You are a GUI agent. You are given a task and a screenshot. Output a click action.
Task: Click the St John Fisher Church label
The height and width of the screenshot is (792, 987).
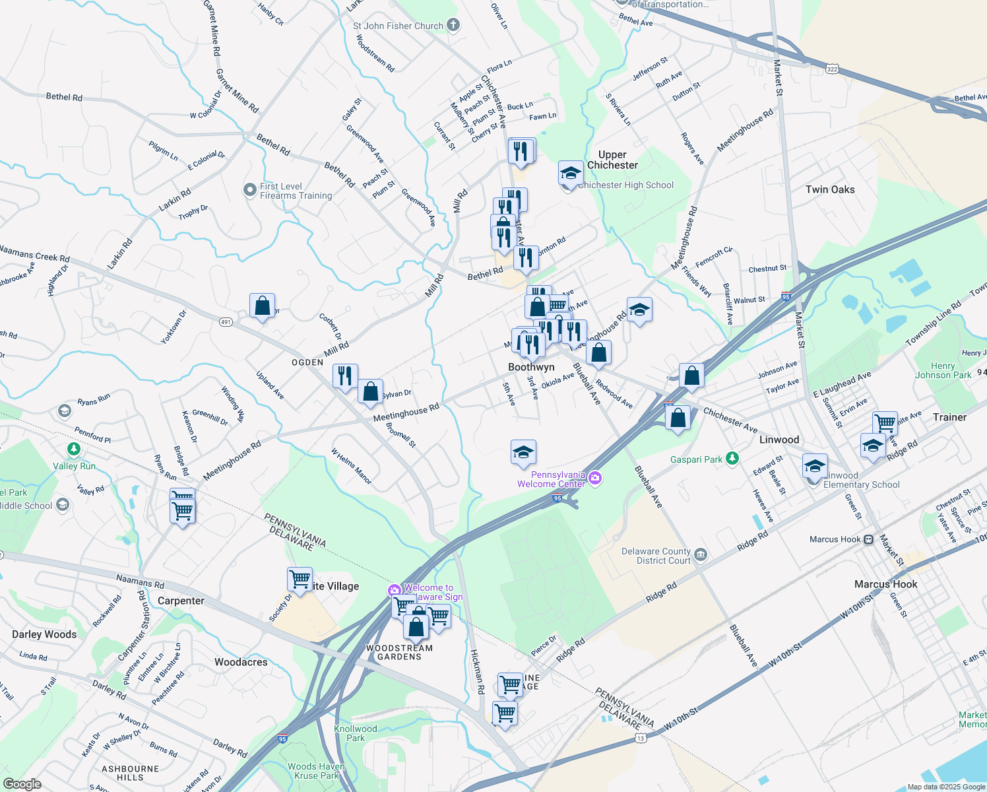pyautogui.click(x=398, y=26)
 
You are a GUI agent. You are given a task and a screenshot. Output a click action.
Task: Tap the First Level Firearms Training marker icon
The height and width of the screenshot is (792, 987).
pyautogui.click(x=249, y=190)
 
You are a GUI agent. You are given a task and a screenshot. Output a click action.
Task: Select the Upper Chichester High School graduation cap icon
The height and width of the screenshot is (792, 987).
pyautogui.click(x=570, y=173)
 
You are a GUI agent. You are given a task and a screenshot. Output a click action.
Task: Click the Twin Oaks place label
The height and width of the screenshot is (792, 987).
pyautogui.click(x=829, y=189)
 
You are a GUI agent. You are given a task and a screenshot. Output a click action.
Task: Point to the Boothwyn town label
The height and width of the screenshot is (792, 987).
pyautogui.click(x=531, y=367)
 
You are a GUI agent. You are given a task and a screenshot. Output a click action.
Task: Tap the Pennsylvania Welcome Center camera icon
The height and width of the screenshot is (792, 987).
pyautogui.click(x=595, y=478)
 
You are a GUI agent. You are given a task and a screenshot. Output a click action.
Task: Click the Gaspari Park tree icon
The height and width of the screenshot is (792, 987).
pyautogui.click(x=732, y=458)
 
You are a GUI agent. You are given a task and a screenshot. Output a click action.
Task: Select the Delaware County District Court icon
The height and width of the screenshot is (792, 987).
pyautogui.click(x=701, y=555)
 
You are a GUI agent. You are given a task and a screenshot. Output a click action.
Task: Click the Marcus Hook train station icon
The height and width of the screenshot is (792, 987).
pyautogui.click(x=868, y=539)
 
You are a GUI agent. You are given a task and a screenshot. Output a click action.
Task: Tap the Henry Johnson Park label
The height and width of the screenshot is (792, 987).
pyautogui.click(x=943, y=370)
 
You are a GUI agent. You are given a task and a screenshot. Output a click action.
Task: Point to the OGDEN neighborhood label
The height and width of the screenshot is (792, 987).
pyautogui.click(x=307, y=362)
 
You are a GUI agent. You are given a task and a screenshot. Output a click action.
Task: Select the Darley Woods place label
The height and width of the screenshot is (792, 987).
pyautogui.click(x=44, y=634)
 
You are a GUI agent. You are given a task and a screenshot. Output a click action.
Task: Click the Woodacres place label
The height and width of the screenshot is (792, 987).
pyautogui.click(x=241, y=662)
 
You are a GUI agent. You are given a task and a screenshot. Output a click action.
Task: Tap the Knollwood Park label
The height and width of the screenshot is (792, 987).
pyautogui.click(x=356, y=733)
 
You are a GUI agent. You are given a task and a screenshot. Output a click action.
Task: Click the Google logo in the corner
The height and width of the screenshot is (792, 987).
pyautogui.click(x=22, y=784)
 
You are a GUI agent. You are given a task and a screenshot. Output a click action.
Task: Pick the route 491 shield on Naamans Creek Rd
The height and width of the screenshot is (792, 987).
pyautogui.click(x=226, y=322)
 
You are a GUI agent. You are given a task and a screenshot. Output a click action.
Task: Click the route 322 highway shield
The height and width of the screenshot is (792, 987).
pyautogui.click(x=833, y=69)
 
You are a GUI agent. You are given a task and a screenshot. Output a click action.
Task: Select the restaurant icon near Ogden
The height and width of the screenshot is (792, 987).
pyautogui.click(x=345, y=376)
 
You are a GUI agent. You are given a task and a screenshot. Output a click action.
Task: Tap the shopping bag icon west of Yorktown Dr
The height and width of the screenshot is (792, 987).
pyautogui.click(x=262, y=306)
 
